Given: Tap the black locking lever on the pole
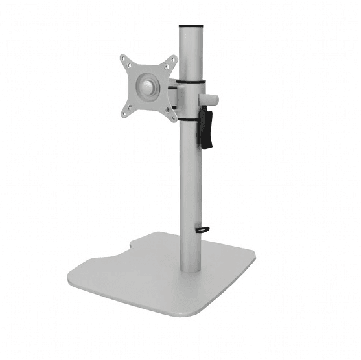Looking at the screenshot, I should (206, 129).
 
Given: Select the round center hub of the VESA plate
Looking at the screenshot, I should (148, 87).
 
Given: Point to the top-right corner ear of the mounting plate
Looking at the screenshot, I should (172, 60).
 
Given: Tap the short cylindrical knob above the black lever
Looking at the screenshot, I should (211, 100).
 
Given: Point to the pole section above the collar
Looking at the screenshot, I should (191, 55).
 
